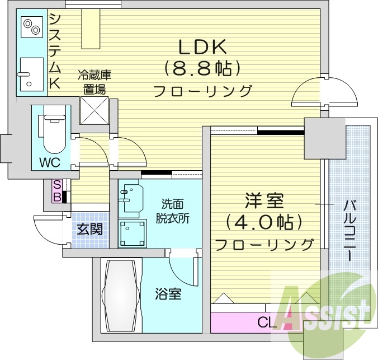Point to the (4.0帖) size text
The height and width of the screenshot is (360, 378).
click(x=264, y=222)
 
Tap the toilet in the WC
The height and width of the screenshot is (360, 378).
click(x=54, y=133)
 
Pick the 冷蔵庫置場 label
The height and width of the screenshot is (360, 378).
click(x=93, y=81)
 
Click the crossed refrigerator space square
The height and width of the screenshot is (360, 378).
click(x=93, y=110)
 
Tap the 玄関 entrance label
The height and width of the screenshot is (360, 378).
click(x=90, y=229)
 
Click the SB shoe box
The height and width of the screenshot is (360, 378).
click(x=57, y=190)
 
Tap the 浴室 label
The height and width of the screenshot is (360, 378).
click(x=168, y=294)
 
